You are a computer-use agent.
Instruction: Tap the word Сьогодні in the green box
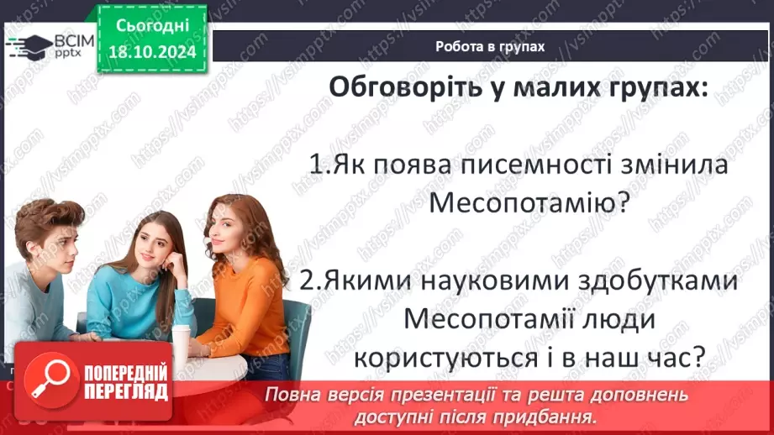(x=151, y=27)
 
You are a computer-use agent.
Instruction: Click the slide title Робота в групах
(x=490, y=47)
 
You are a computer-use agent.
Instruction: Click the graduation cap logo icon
(x=28, y=46)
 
